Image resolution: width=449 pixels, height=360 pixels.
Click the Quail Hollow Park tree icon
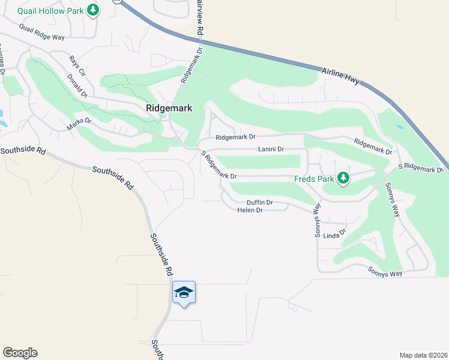[x=92, y=10]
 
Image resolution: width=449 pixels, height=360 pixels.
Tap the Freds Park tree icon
[x=343, y=178]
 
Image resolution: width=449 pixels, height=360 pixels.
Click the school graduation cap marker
[x=184, y=293]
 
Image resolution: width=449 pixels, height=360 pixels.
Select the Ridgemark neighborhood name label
[x=169, y=108]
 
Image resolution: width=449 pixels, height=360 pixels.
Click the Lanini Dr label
[x=271, y=148]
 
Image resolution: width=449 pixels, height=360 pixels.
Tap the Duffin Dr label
[x=260, y=203]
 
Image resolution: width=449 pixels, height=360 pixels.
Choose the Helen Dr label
[x=250, y=211]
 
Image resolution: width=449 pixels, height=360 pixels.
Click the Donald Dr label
[x=77, y=86]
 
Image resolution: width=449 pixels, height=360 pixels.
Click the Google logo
[x=20, y=353]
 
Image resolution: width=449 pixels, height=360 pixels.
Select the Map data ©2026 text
[x=423, y=355]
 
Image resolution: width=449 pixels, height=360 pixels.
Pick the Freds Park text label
[x=313, y=178]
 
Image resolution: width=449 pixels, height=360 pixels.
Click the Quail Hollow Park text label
[x=50, y=10]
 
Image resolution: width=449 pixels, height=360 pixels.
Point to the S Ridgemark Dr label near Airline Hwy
[x=420, y=169]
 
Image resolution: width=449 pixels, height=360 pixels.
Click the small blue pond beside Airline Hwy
[x=400, y=127]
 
